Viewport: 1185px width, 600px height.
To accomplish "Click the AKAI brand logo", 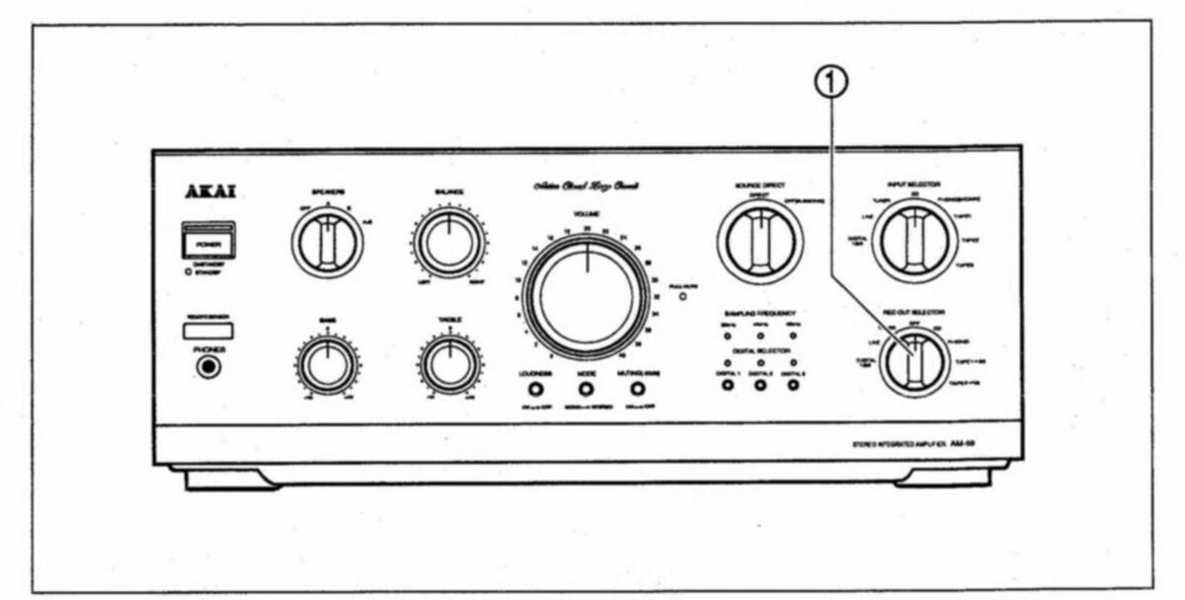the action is click(x=209, y=191).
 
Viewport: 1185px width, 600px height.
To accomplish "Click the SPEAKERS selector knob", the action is click(x=327, y=243).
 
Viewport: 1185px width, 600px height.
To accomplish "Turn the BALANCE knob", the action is click(x=449, y=243).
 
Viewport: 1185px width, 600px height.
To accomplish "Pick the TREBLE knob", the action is click(x=449, y=364).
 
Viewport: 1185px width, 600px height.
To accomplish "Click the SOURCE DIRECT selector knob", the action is click(x=759, y=241).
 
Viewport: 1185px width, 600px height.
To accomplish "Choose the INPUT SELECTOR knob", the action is click(x=913, y=241).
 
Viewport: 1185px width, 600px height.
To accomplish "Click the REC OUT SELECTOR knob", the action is click(x=913, y=363).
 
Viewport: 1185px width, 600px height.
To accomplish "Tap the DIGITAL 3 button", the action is click(x=793, y=385).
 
